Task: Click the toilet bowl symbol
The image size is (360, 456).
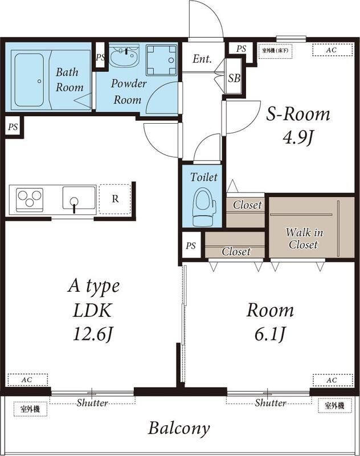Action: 204,206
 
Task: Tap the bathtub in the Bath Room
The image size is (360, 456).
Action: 29,80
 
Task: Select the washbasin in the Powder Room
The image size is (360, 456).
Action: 125,56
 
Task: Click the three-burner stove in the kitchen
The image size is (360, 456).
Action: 30,199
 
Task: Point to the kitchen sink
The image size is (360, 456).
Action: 79,198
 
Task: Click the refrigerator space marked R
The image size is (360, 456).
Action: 115,199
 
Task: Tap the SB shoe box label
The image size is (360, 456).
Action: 234,78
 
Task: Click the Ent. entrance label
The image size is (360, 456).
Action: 202,59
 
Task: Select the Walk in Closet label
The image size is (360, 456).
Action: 304,238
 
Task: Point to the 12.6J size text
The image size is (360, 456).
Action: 92,333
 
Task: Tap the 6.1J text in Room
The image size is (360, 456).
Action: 270,334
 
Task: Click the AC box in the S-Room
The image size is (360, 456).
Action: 333,50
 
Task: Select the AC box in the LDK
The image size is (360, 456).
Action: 27,380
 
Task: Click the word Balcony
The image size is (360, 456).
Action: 179,429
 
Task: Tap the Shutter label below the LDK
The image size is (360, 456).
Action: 92,403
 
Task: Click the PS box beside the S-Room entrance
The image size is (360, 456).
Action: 241,48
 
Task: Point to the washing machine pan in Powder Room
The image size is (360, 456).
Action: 161,60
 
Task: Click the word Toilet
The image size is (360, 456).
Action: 204,177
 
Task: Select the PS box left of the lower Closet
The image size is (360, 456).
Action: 191,246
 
